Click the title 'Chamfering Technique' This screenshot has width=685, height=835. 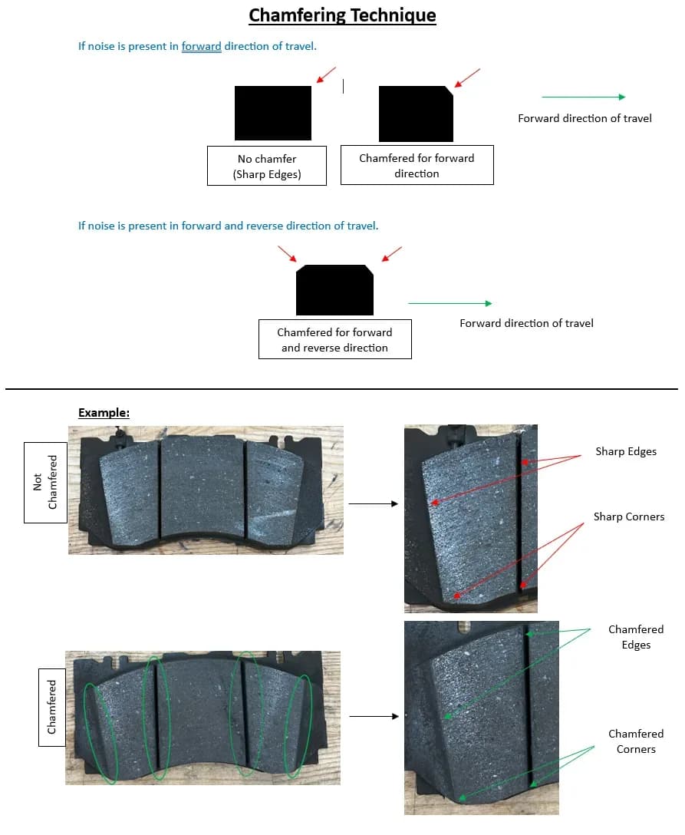point(342,15)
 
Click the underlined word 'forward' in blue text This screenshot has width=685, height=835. point(201,46)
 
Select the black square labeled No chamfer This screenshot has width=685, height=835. point(273,113)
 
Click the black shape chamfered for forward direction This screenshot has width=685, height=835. point(416,114)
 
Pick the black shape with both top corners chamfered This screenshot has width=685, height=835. point(334,289)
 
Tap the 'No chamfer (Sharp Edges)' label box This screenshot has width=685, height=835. point(267,166)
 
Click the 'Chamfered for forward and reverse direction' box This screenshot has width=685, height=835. point(334,339)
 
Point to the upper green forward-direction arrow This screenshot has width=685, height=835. point(583,97)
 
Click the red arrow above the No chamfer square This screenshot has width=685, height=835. point(326,74)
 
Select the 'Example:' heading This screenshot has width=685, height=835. point(104,413)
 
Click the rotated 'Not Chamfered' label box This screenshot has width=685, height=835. point(45,483)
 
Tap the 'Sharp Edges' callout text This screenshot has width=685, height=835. point(626,451)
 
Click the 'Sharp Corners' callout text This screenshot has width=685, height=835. point(629,517)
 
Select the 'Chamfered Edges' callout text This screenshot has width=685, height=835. point(636,637)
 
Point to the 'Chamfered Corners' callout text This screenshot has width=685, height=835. point(636,741)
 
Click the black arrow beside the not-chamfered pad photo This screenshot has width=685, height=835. point(373,503)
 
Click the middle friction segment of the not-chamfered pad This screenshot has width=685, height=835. point(203,487)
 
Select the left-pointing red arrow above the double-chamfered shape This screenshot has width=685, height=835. point(392,254)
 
